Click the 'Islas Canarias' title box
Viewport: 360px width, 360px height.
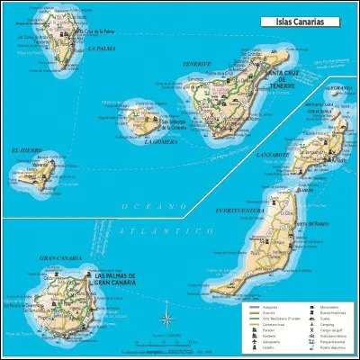(292, 20)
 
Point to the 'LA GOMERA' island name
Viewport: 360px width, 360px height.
(158, 140)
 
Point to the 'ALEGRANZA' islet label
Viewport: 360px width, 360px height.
(335, 88)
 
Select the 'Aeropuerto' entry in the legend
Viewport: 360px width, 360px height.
(265, 341)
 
